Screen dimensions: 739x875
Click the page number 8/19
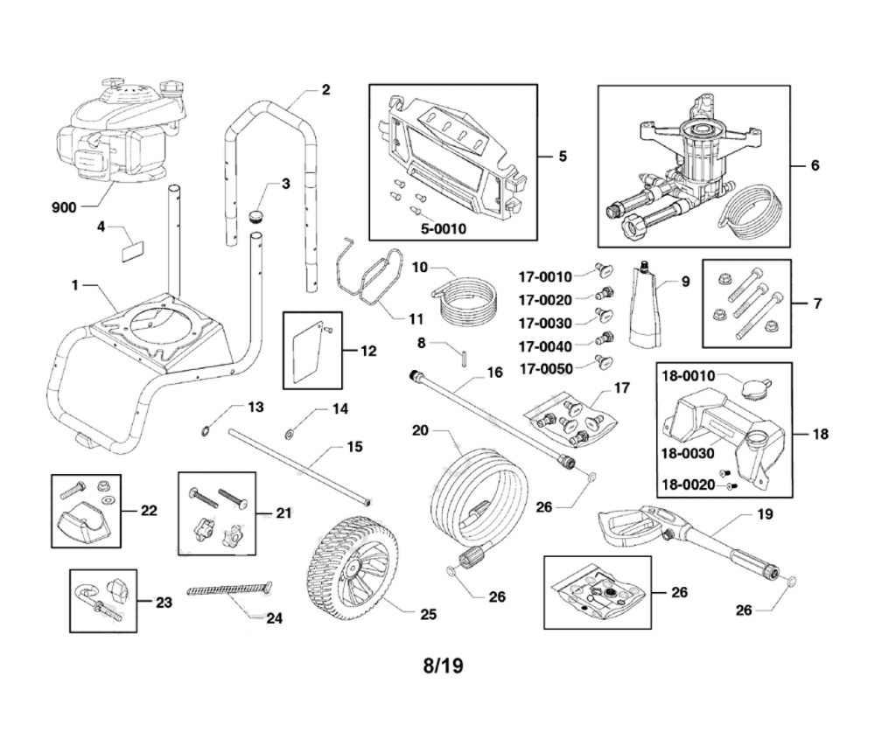point(442,666)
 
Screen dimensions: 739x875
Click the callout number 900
point(64,207)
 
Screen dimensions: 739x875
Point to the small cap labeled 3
point(256,214)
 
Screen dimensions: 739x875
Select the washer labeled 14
point(290,430)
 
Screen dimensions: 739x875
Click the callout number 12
point(368,351)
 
